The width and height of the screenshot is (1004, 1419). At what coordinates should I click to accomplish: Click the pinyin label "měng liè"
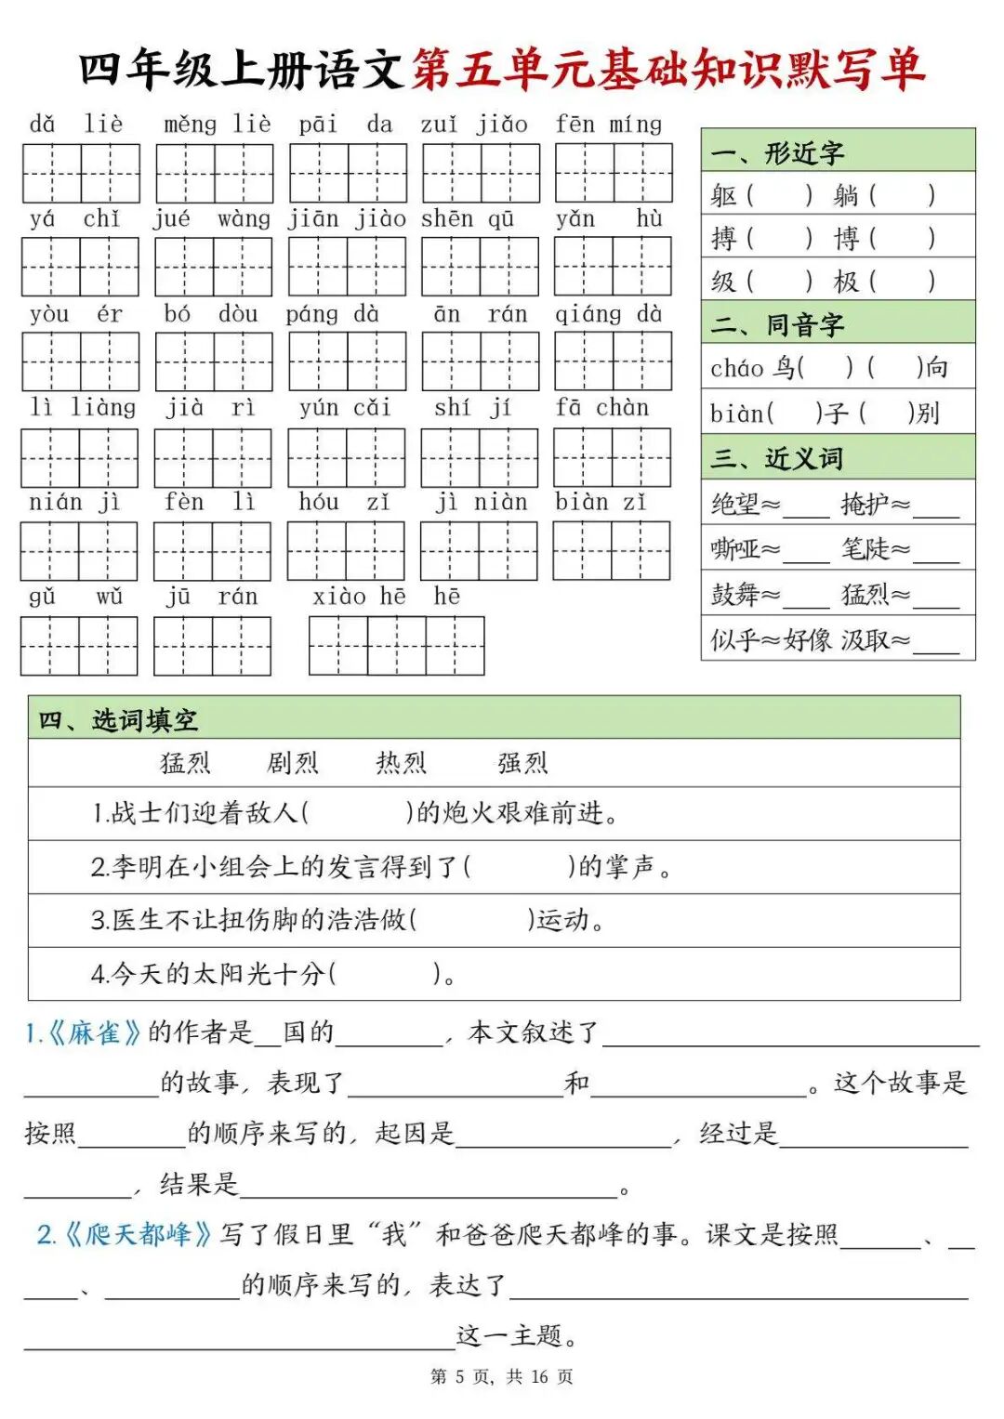(x=218, y=125)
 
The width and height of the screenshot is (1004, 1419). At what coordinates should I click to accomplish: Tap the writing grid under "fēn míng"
(x=614, y=173)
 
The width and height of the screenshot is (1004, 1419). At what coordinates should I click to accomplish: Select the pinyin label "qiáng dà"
(x=608, y=314)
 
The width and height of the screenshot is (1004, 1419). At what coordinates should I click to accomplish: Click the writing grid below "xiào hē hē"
(x=396, y=645)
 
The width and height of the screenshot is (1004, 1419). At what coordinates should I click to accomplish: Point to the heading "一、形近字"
(x=777, y=152)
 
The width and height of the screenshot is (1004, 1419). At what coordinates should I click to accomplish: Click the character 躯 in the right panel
(x=723, y=196)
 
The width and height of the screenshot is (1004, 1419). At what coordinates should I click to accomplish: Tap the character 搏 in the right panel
(x=723, y=239)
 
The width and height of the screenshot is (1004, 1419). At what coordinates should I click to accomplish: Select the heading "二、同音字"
(x=777, y=324)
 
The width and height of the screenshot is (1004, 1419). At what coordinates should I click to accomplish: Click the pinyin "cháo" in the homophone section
(x=736, y=369)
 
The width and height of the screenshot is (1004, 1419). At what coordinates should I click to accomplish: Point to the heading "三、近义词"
(x=777, y=458)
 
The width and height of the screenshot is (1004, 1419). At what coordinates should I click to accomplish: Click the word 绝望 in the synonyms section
(x=735, y=505)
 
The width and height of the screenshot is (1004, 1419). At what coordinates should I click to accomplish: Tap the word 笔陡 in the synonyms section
(x=865, y=549)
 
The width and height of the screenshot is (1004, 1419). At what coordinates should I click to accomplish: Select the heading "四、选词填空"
(x=118, y=720)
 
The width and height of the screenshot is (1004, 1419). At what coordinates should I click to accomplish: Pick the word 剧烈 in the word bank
(x=293, y=763)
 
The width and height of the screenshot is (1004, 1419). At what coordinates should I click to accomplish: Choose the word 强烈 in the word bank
(x=522, y=763)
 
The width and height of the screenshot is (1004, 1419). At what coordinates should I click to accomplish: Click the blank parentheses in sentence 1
(x=358, y=814)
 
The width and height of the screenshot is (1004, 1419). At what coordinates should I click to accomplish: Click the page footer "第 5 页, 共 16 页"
(x=502, y=1376)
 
